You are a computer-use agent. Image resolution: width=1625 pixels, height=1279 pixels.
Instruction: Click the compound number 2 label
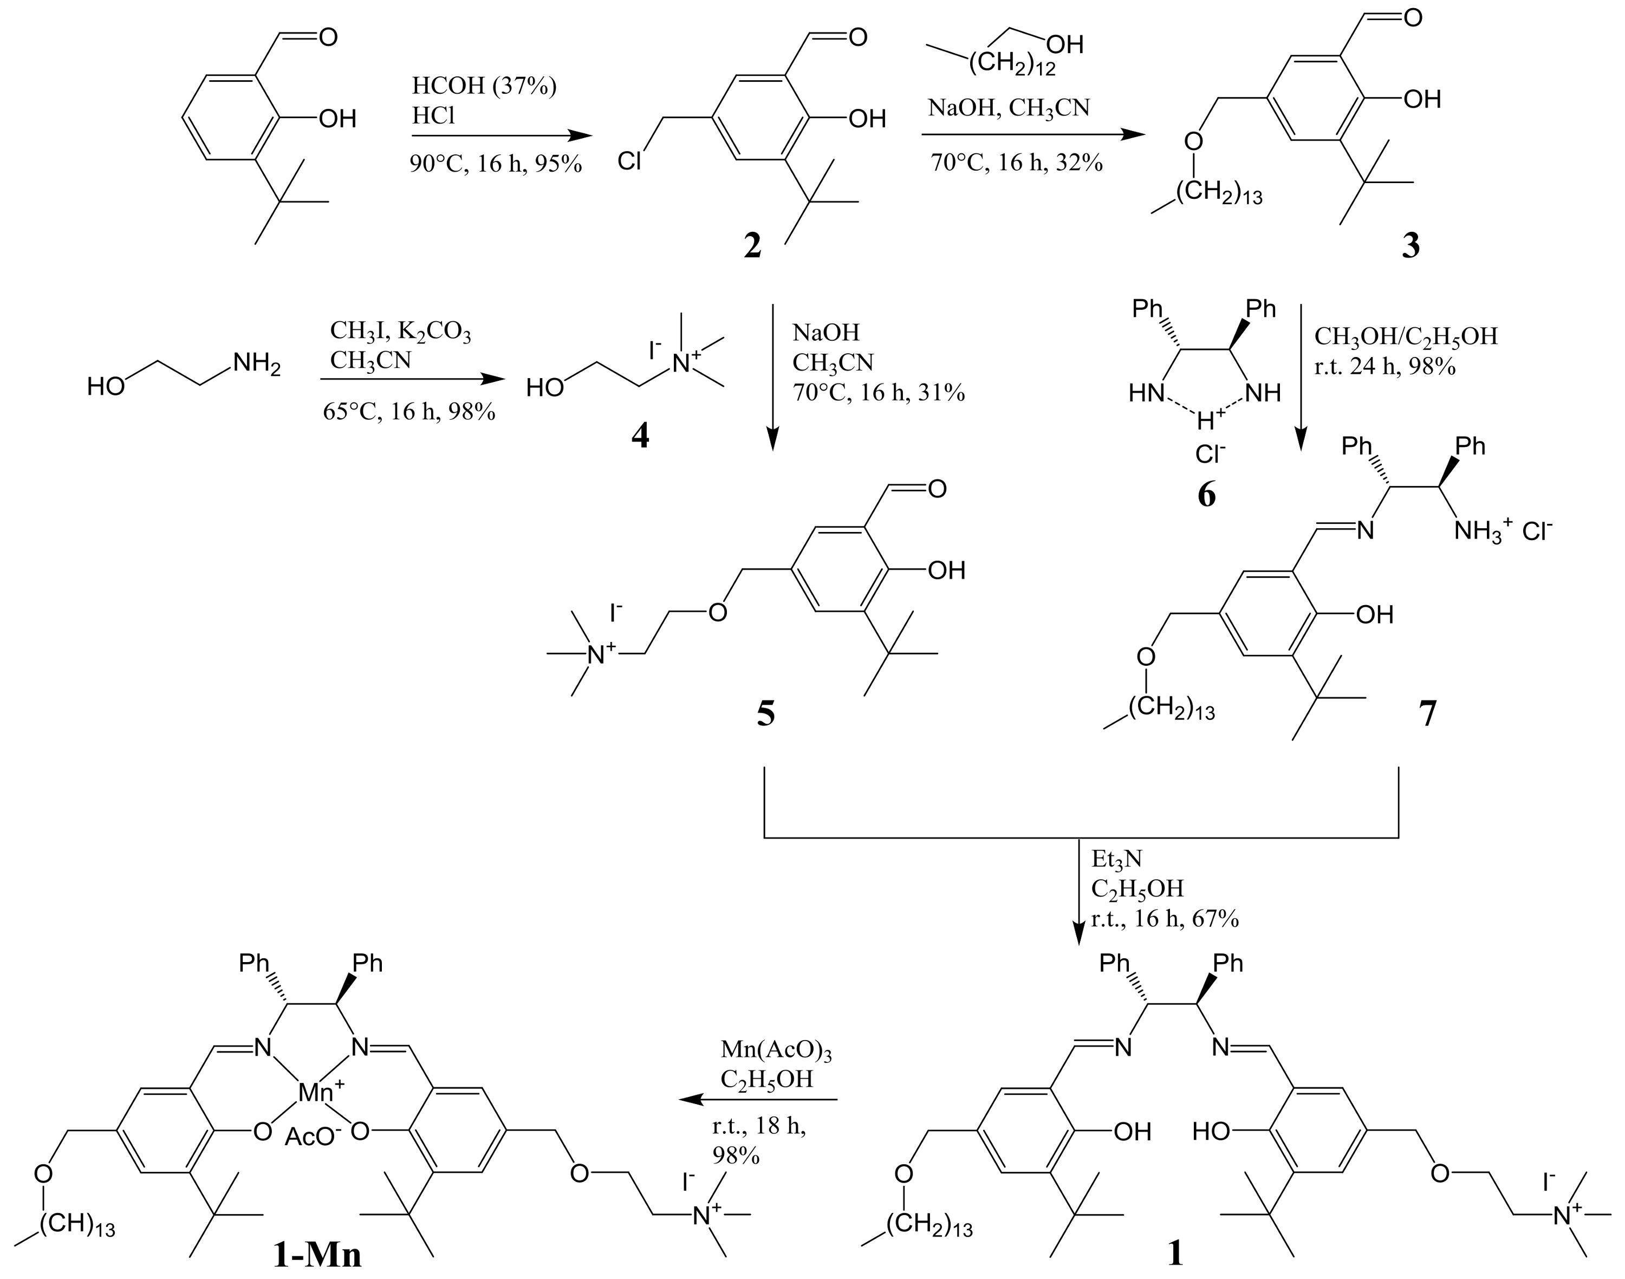(x=752, y=245)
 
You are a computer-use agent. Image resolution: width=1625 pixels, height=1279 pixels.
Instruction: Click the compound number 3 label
(x=1411, y=245)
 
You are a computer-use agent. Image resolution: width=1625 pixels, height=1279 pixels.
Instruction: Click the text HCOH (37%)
(x=484, y=87)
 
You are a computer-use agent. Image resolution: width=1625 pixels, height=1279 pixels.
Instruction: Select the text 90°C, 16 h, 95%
(x=495, y=163)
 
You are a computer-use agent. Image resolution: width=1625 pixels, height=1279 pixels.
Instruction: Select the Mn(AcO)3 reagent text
(x=776, y=1050)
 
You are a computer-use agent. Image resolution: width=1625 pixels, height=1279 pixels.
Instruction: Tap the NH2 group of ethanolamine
(x=257, y=364)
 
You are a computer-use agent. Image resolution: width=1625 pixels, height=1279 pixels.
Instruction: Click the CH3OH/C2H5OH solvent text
(x=1406, y=336)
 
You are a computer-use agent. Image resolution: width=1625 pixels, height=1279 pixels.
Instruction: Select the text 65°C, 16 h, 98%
(x=409, y=411)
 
